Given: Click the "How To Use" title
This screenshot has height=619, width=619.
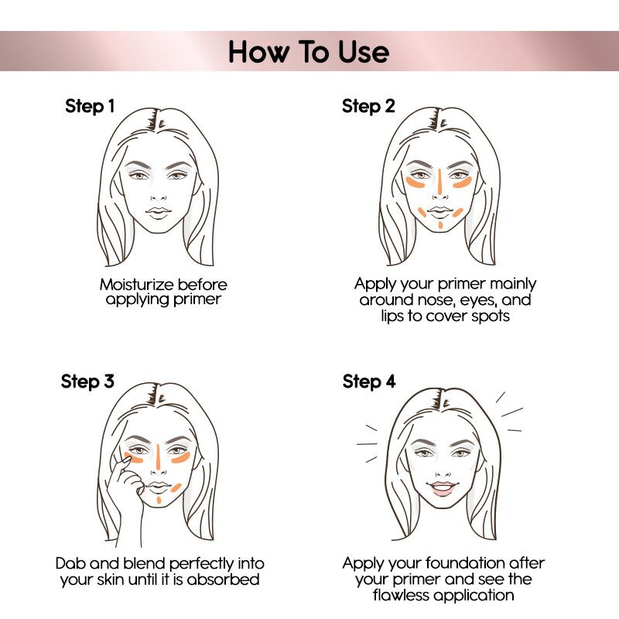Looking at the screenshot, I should tap(309, 52).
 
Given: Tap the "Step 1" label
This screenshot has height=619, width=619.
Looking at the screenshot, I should tap(90, 107).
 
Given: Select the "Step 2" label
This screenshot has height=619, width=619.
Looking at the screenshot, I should tap(368, 107).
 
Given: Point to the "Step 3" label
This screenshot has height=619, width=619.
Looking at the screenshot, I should tap(91, 382).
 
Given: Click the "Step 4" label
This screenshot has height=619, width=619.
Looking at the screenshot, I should tap(368, 382).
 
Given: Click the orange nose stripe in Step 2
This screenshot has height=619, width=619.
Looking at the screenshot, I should tap(439, 180).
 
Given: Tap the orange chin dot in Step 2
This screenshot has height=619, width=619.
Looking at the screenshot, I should tap(439, 225).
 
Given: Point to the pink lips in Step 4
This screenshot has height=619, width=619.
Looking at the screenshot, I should tap(439, 487).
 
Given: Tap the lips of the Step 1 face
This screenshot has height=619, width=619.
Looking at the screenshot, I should tap(159, 211).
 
